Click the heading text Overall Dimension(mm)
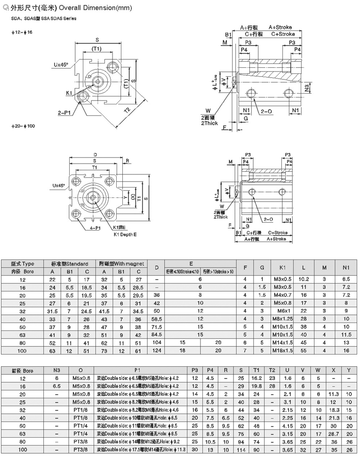point(89,8)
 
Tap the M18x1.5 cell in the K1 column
point(283,351)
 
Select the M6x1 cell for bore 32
point(283,311)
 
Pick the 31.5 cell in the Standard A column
point(52,311)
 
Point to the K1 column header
point(283,268)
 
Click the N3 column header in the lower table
point(57,370)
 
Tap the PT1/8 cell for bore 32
point(80,410)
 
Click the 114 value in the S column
point(241,449)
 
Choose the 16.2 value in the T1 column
point(256,378)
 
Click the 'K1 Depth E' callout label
point(125,234)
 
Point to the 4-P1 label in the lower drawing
point(95,228)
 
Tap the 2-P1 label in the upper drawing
point(64,113)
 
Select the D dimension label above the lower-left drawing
point(96,154)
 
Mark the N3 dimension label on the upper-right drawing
point(307,87)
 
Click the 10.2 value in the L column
point(304,279)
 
